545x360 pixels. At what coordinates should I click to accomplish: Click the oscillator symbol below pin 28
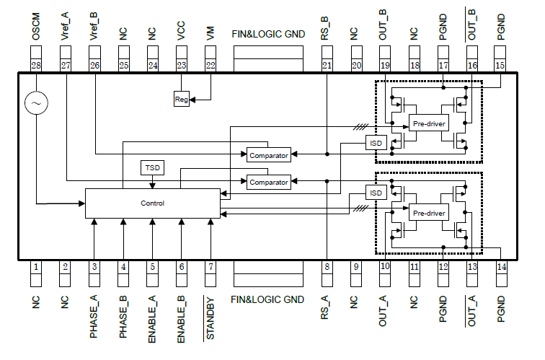[35, 104]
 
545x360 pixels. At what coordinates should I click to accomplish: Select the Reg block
[182, 99]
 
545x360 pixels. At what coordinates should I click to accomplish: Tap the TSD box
[152, 168]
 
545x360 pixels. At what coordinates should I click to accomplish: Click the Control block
[152, 203]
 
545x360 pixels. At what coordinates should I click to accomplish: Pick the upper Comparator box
[268, 154]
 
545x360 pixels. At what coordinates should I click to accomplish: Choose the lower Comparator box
[268, 183]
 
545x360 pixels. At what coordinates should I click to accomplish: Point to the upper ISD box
[375, 142]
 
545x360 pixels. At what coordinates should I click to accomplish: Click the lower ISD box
[375, 193]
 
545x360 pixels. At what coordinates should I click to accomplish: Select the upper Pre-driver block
[428, 124]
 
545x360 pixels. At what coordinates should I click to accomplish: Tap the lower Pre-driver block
[428, 214]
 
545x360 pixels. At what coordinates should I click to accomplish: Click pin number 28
[35, 65]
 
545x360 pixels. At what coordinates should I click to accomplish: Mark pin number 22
[211, 65]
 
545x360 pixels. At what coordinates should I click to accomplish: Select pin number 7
[211, 267]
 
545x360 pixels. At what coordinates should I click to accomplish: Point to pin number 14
[501, 267]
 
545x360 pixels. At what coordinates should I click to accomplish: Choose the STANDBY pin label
[211, 317]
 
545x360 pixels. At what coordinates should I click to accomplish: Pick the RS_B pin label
[327, 26]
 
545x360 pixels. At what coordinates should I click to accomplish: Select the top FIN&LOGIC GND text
[267, 34]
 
